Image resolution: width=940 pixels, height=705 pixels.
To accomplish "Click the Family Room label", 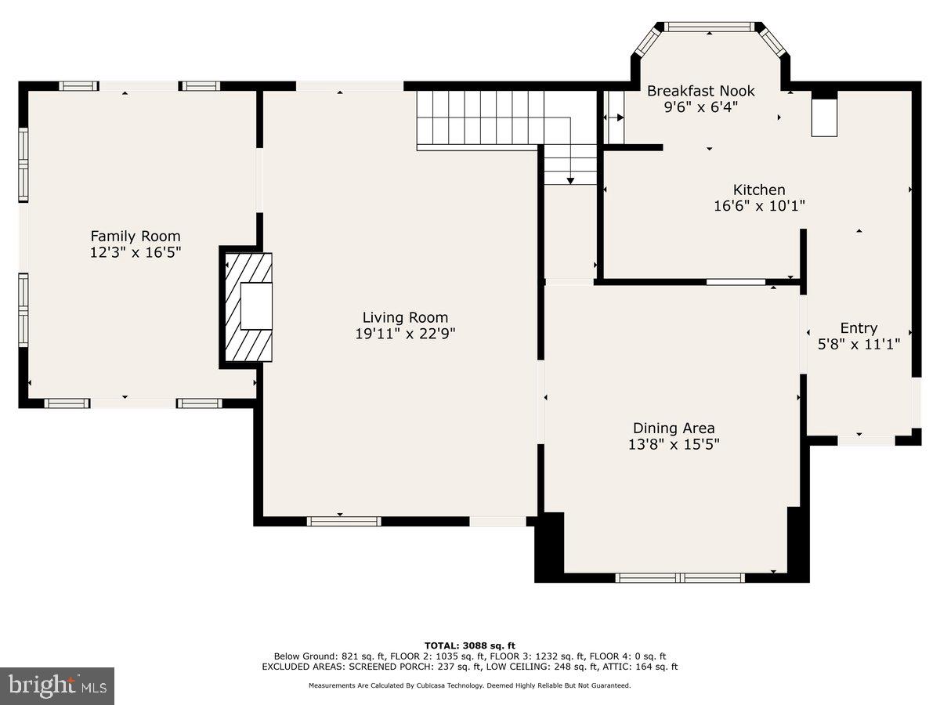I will coord(136,236).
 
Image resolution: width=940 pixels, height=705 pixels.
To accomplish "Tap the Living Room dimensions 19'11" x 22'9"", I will coord(405,333).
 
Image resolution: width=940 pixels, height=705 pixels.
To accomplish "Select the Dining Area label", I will coord(674,428).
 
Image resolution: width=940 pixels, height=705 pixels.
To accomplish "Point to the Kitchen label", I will coord(759,190).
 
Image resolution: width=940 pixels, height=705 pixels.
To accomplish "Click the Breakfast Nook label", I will coord(700,91).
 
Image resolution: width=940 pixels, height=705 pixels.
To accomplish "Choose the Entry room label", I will coord(859,328).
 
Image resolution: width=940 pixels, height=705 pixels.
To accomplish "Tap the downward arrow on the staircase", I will coord(570,180).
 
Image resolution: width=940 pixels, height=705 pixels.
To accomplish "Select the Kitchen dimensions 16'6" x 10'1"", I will coord(759,206).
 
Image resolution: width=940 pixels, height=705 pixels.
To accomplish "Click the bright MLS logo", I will coord(57,686).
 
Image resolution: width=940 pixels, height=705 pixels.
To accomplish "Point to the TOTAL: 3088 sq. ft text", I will coord(470,645).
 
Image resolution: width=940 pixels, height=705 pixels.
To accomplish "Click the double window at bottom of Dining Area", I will coord(679,578).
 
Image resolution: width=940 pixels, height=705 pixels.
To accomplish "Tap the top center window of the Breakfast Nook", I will coord(710,27).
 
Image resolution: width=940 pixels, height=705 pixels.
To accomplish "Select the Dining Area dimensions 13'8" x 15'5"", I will coord(674,444).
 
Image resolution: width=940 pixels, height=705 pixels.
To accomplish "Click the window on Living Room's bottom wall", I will coord(344,521).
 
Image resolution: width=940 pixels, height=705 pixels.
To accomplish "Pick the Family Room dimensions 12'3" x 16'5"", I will coord(136,252).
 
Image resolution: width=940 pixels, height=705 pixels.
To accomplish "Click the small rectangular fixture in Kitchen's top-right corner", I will coord(823,118).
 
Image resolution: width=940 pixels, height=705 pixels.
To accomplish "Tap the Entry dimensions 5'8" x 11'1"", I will coord(859,343).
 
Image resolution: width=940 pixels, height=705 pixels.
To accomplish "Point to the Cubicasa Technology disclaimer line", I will coord(470,685).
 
